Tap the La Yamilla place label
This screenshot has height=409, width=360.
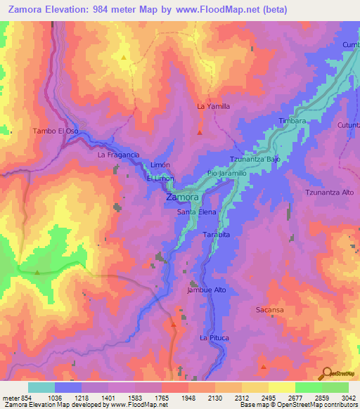[213, 106]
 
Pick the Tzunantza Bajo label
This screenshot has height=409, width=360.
[255, 159]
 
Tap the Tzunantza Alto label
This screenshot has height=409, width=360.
[328, 192]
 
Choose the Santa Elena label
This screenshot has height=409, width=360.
[196, 212]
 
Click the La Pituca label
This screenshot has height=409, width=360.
[214, 338]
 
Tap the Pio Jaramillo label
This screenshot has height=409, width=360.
[226, 173]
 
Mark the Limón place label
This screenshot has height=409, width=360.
[162, 164]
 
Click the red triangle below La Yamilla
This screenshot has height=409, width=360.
[200, 131]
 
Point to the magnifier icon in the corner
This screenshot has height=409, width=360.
[326, 373]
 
